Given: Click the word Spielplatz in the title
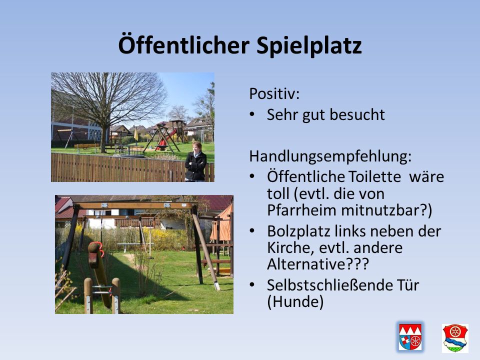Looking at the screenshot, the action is [x=309, y=45].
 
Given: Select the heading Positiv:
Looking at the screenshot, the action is [x=274, y=93].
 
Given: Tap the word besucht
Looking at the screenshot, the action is [x=357, y=115].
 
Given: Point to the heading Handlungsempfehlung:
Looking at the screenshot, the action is [x=330, y=156].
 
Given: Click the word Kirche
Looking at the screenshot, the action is [x=291, y=247].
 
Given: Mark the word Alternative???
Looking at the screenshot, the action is [x=318, y=264].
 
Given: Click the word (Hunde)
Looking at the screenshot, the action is [x=295, y=302].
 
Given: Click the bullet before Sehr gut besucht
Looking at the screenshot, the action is [x=252, y=114].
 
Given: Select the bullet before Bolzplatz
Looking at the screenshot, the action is [x=252, y=231].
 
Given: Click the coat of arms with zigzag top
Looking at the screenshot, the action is [x=410, y=337].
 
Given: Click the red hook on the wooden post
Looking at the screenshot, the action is [x=98, y=249].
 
